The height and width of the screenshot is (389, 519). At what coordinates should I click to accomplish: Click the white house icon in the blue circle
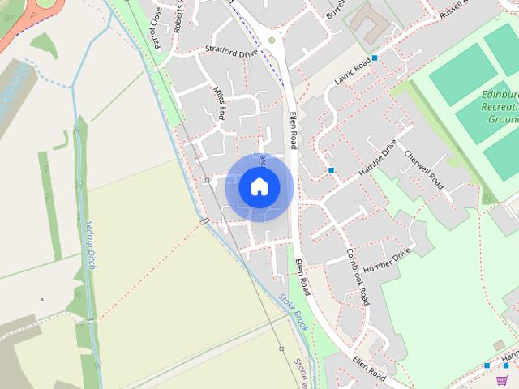[x=259, y=186]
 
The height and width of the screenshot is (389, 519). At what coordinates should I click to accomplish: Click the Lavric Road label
[x=352, y=71]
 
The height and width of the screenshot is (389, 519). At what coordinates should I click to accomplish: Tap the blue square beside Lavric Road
[x=375, y=58]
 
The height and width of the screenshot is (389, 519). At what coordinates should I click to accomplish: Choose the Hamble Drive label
[x=377, y=160]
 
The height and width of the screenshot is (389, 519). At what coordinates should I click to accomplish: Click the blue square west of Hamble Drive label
[x=332, y=170]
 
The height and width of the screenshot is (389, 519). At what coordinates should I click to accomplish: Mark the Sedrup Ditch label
[x=90, y=244]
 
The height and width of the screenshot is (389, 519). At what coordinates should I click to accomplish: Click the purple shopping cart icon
[x=503, y=379]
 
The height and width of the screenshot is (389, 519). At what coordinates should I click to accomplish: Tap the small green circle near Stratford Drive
[x=272, y=40]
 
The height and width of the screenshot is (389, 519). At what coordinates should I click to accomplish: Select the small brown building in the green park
[x=499, y=345]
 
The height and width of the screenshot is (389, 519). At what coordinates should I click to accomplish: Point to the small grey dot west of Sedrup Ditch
[x=41, y=299]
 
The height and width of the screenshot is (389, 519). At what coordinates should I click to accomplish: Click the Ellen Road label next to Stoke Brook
[x=302, y=278]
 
